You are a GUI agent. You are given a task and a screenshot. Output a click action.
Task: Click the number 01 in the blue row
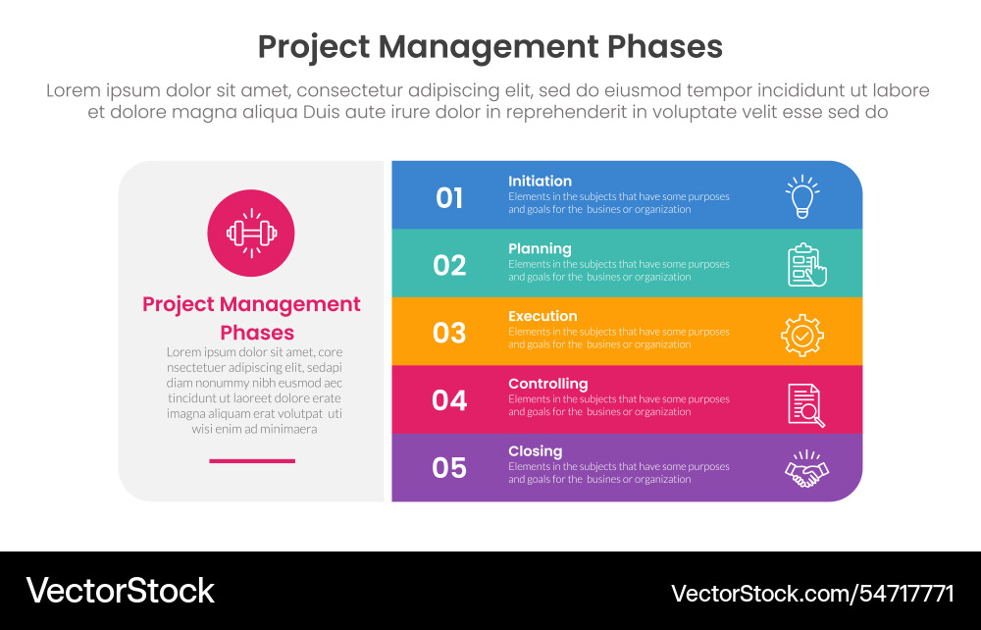click(x=449, y=197)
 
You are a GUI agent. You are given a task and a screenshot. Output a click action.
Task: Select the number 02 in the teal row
click(x=449, y=265)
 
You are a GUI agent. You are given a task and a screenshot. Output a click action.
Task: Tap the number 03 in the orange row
click(x=449, y=333)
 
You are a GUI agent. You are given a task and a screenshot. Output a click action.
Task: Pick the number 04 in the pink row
click(x=449, y=400)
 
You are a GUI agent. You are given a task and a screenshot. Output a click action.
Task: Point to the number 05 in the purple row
click(x=449, y=468)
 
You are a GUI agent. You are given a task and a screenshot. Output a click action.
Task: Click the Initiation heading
click(x=540, y=181)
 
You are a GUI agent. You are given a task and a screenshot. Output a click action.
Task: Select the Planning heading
click(x=540, y=248)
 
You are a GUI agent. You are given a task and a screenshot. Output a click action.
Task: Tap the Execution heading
click(x=542, y=316)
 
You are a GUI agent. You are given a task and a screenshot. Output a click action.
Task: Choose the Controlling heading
click(x=547, y=384)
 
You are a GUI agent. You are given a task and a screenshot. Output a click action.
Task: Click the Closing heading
click(x=535, y=451)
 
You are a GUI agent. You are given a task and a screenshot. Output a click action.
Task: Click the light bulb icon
click(x=802, y=196)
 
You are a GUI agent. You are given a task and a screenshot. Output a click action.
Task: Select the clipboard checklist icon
click(x=806, y=265)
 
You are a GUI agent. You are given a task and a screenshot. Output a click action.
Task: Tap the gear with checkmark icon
click(x=802, y=334)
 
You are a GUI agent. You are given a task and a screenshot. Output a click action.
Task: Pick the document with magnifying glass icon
click(x=805, y=403)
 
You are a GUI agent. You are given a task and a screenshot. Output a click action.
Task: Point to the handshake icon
click(x=806, y=470)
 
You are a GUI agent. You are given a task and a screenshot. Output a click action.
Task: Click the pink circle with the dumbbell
click(x=251, y=233)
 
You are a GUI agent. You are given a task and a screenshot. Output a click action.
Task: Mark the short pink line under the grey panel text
click(x=251, y=460)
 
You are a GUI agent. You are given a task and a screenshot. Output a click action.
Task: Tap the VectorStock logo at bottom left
click(x=120, y=590)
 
